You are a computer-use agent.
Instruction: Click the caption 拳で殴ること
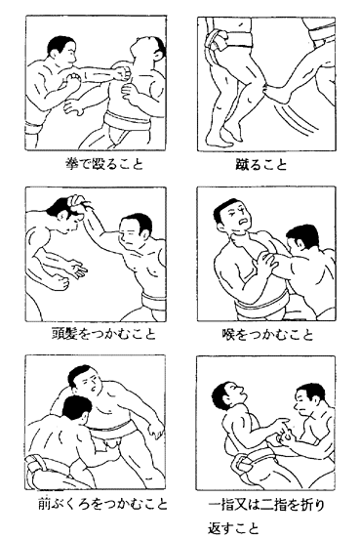[x=104, y=164]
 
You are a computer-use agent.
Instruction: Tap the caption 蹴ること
[x=261, y=164]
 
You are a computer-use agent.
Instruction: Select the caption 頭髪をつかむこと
[x=104, y=333]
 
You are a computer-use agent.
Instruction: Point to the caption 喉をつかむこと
[x=267, y=334]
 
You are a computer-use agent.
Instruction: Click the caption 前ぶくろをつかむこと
[x=103, y=504]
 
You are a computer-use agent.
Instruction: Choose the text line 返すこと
[x=233, y=528]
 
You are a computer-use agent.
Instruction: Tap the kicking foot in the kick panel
[x=276, y=94]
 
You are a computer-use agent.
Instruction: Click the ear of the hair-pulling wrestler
[x=144, y=233]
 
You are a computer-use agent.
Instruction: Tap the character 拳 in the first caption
[x=72, y=164]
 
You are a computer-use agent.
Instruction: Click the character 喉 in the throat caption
[x=228, y=334]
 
